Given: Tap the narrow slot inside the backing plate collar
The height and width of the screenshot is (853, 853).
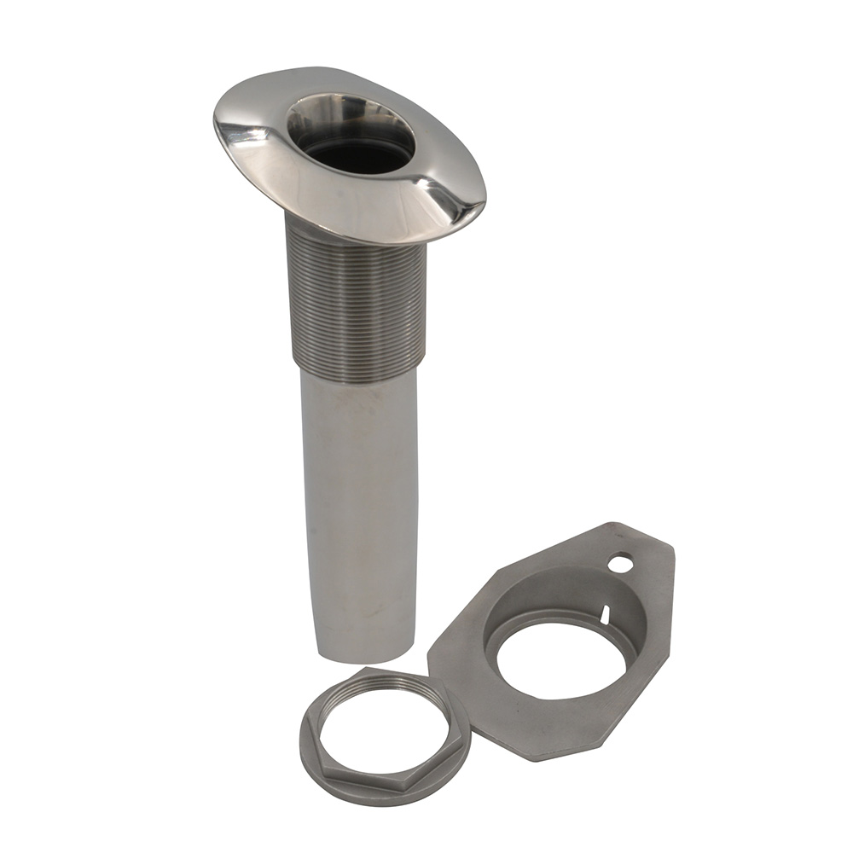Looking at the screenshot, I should (x=605, y=612).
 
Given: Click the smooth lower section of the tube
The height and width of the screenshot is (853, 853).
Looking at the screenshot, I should (x=358, y=512).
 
